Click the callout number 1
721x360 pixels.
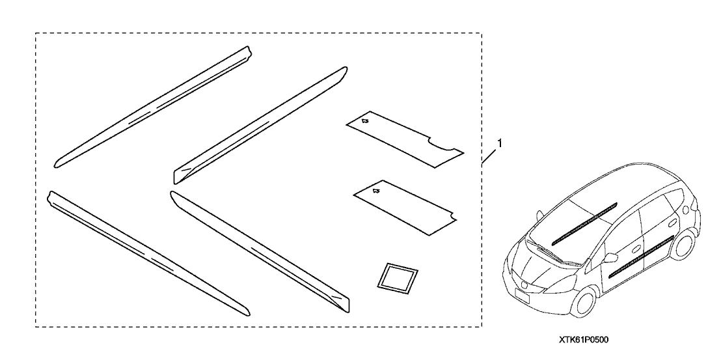pos(499,143)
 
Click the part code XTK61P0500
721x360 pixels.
pos(584,340)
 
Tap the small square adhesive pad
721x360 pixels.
pos(398,277)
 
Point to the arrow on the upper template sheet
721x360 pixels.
pos(364,121)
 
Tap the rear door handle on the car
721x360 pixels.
pos(672,221)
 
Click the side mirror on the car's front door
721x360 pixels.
pos(610,258)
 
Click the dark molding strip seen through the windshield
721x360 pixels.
pos(584,223)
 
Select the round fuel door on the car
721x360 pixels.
pos(686,209)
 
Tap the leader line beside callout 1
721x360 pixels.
pos(490,156)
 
